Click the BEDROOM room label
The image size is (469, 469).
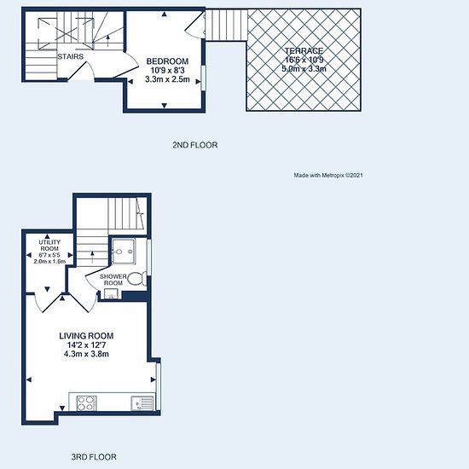pyautogui.click(x=167, y=61)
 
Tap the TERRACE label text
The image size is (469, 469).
pyautogui.click(x=304, y=50)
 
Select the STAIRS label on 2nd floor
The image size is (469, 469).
pyautogui.click(x=70, y=56)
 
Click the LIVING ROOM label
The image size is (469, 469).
pyautogui.click(x=86, y=336)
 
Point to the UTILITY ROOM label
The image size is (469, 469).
pyautogui.click(x=49, y=246)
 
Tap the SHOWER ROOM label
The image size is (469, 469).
pyautogui.click(x=113, y=280)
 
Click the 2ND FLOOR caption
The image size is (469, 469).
pyautogui.click(x=195, y=145)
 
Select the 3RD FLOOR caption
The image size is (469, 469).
pyautogui.click(x=94, y=457)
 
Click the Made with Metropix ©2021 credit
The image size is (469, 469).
pyautogui.click(x=328, y=176)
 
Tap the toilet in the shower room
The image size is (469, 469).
pyautogui.click(x=137, y=279)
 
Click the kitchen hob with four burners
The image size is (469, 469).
pyautogui.click(x=87, y=403)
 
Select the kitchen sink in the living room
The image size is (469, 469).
pyautogui.click(x=142, y=403)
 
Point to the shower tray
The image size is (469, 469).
pyautogui.click(x=124, y=252)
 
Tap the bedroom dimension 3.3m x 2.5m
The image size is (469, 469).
pyautogui.click(x=167, y=79)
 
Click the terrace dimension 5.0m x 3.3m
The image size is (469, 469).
pyautogui.click(x=304, y=69)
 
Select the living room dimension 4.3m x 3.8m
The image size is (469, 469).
pyautogui.click(x=86, y=354)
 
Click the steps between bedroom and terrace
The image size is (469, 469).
pyautogui.click(x=227, y=25)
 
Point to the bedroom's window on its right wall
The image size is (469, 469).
pyautogui.click(x=204, y=78)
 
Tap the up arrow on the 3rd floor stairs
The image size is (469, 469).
pyautogui.click(x=92, y=258)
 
